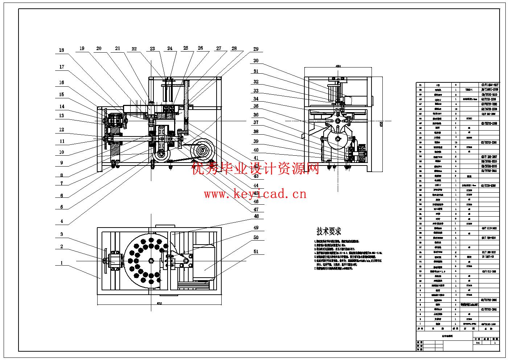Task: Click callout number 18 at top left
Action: (61, 50)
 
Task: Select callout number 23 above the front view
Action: (152, 49)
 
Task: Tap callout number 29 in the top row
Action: (256, 49)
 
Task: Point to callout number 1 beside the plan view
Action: (62, 263)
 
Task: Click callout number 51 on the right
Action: (256, 251)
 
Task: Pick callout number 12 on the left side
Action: (62, 130)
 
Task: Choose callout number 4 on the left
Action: (62, 221)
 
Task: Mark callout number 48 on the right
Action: (256, 216)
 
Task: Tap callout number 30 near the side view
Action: (256, 61)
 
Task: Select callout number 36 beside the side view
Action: (256, 115)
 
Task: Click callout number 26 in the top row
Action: (200, 48)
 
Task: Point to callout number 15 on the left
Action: (62, 94)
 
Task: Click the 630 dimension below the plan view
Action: (159, 303)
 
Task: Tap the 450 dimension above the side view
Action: (338, 66)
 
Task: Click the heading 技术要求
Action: (329, 231)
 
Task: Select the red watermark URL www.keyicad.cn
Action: (255, 194)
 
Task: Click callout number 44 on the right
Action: (256, 185)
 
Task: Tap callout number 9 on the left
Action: (62, 163)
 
